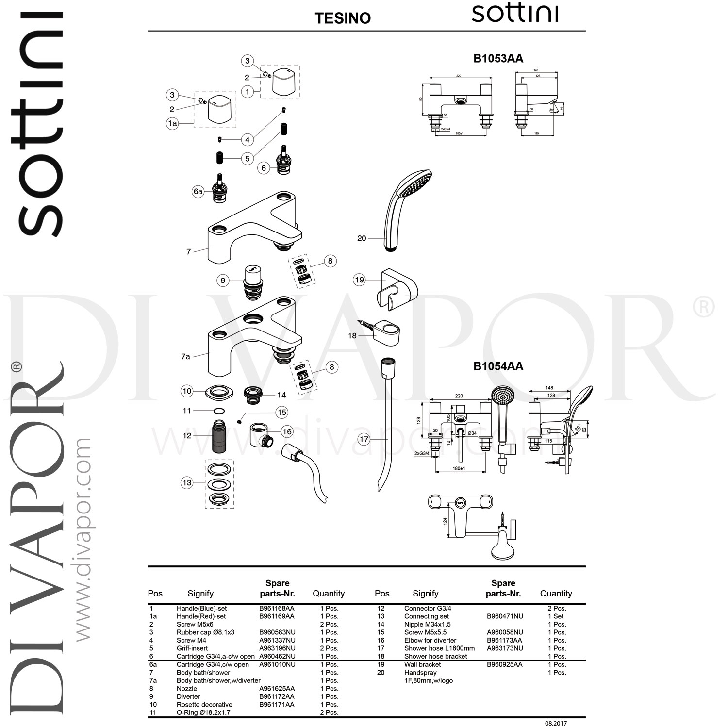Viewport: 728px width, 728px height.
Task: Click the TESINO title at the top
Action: pyautogui.click(x=343, y=18)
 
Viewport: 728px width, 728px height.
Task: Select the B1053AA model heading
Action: pyautogui.click(x=498, y=58)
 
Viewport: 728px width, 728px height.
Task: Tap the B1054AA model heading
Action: pyautogui.click(x=498, y=366)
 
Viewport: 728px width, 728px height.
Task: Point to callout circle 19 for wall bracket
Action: pyautogui.click(x=359, y=280)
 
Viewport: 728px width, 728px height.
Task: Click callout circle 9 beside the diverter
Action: pyautogui.click(x=223, y=281)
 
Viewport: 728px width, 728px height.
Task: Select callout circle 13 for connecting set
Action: pyautogui.click(x=187, y=483)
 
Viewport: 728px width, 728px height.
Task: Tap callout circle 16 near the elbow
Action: pyautogui.click(x=287, y=431)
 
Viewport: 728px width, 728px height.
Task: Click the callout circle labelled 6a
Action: pyautogui.click(x=198, y=192)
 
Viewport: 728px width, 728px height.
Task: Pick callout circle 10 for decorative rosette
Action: pyautogui.click(x=187, y=391)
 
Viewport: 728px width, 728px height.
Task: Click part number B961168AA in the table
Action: pyautogui.click(x=277, y=608)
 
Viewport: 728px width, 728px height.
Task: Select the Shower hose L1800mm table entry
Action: pyautogui.click(x=439, y=648)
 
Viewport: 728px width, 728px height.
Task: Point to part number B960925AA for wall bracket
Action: pyautogui.click(x=505, y=664)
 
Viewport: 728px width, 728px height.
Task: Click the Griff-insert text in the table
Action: pyautogui.click(x=192, y=648)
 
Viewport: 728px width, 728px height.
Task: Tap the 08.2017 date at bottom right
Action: pyautogui.click(x=556, y=723)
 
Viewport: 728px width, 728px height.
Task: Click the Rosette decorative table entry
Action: pyautogui.click(x=204, y=705)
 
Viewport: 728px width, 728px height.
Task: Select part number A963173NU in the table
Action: pyautogui.click(x=505, y=648)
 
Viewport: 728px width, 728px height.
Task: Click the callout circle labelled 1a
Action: pyautogui.click(x=172, y=124)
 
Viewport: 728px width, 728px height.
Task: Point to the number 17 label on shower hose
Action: pyautogui.click(x=364, y=440)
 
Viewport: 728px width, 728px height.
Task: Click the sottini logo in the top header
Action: pyautogui.click(x=514, y=14)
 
